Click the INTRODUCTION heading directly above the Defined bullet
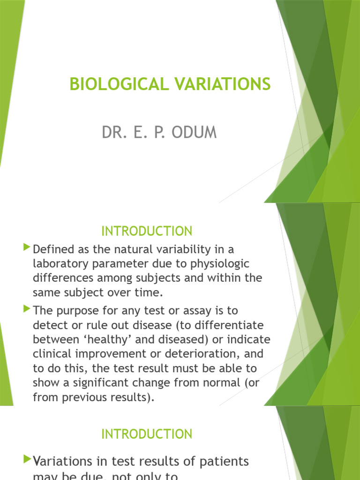click(x=147, y=231)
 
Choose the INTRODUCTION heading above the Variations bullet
click(x=147, y=434)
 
